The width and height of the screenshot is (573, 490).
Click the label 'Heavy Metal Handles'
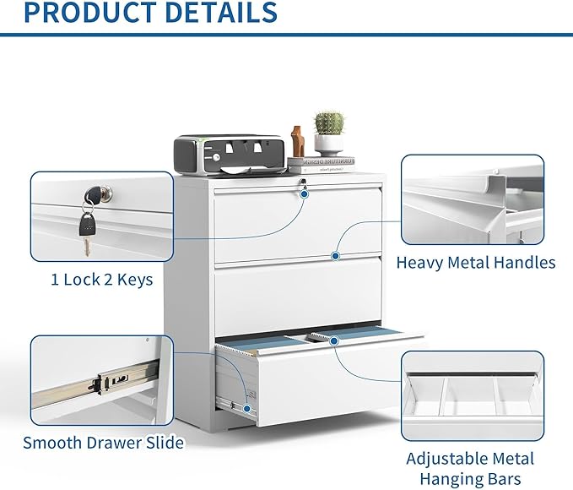(x=476, y=263)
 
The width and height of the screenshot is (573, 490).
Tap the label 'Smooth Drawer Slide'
(x=103, y=442)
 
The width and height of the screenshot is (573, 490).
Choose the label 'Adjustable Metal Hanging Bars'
(x=470, y=469)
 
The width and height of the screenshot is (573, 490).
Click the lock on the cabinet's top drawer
(x=300, y=182)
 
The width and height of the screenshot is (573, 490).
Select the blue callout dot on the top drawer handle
(x=335, y=255)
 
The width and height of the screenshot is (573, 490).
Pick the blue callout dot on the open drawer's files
(x=334, y=340)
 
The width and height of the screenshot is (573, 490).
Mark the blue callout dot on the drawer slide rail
(x=248, y=408)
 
